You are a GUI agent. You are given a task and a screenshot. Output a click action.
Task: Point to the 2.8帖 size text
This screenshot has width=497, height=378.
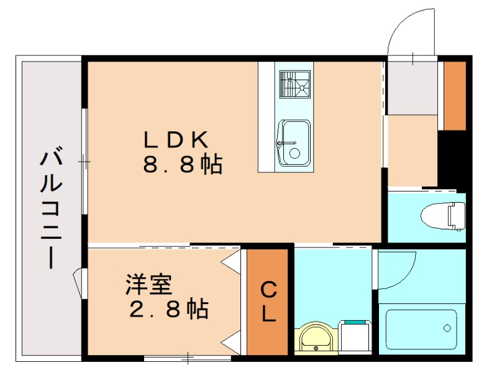point(168,309)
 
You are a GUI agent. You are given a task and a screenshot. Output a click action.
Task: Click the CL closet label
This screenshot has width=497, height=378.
point(268,302)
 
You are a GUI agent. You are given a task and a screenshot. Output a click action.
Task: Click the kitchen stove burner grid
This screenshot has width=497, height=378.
point(294,85)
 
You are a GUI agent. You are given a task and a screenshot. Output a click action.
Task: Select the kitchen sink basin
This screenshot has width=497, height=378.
point(293,142)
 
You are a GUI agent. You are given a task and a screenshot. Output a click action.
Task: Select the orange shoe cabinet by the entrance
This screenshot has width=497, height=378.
point(455,96)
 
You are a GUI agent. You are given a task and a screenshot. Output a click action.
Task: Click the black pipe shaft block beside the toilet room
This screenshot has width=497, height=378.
point(452,159)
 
